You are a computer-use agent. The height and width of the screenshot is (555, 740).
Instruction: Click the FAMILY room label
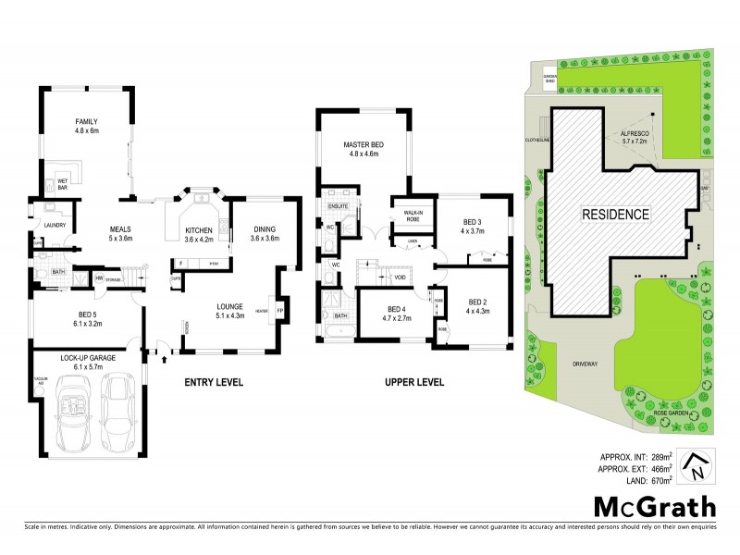pyautogui.click(x=85, y=127)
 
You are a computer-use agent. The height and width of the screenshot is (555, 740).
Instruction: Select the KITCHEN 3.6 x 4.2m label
pyautogui.click(x=199, y=234)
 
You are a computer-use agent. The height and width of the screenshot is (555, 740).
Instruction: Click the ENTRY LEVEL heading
pyautogui.click(x=213, y=382)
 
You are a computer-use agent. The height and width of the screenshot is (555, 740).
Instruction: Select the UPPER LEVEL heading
pyautogui.click(x=414, y=382)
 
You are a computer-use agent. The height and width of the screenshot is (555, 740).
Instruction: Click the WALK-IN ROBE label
pyautogui.click(x=413, y=216)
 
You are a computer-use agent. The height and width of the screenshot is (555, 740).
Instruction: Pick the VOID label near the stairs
pyautogui.click(x=400, y=277)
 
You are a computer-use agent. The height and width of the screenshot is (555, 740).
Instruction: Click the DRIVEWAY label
pyautogui.click(x=585, y=363)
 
